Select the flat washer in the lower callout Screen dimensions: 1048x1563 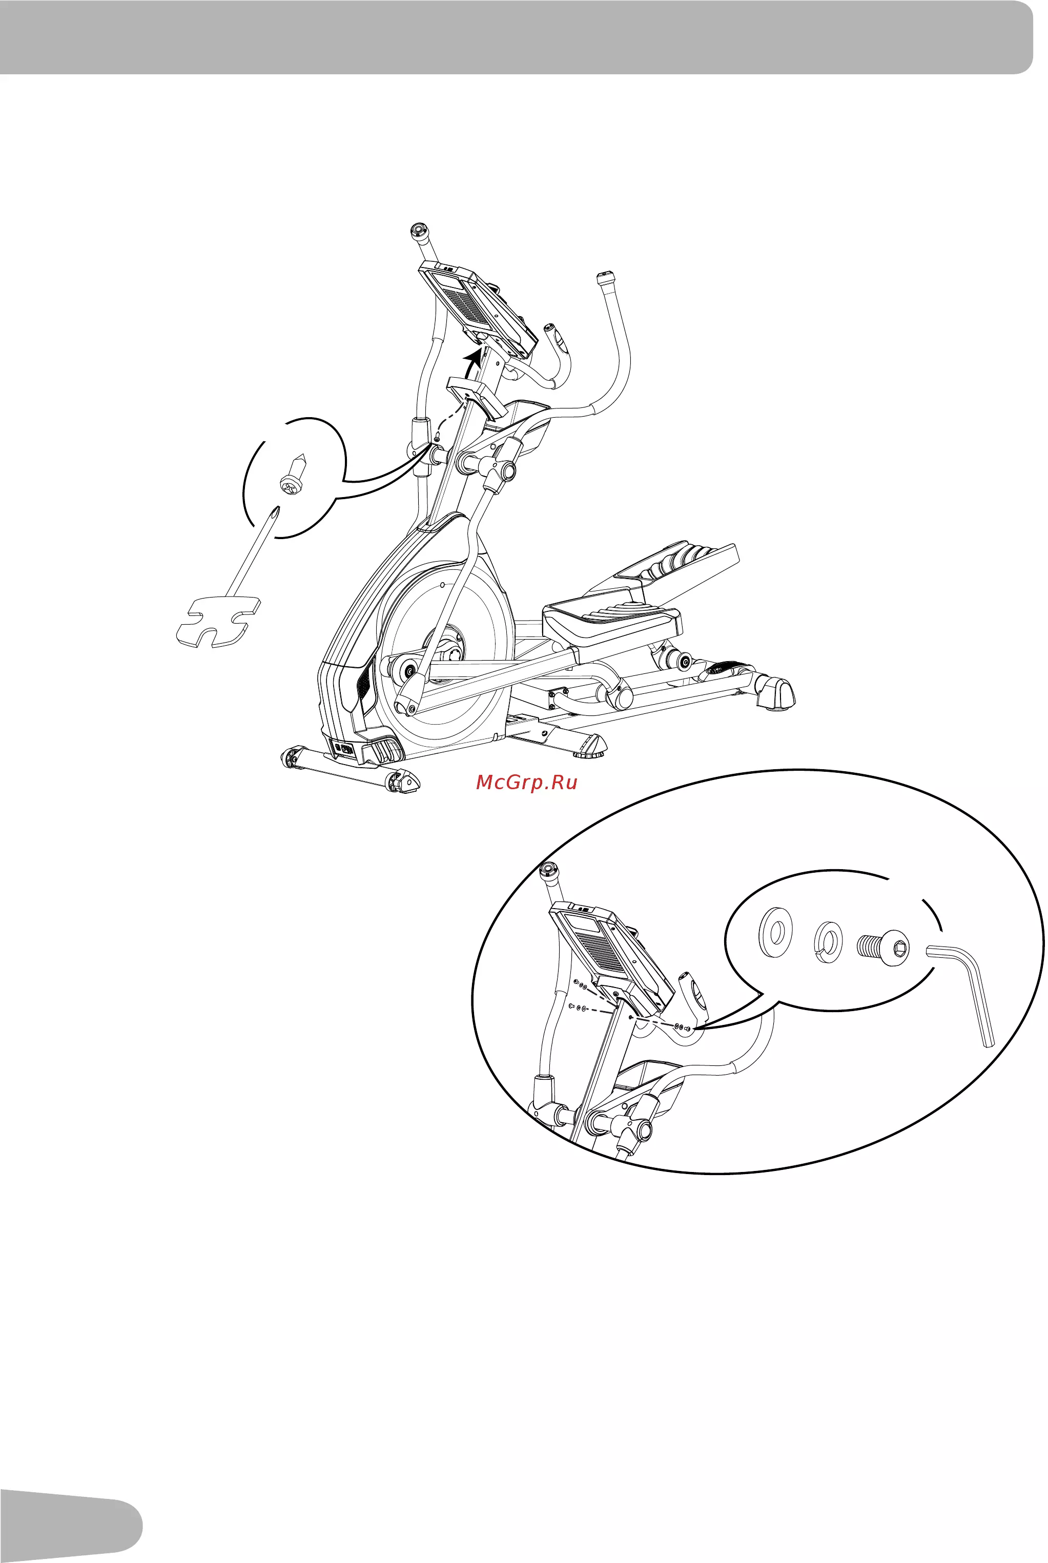pos(776,931)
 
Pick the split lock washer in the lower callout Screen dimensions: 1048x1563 pos(828,942)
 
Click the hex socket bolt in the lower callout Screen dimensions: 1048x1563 pos(883,948)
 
